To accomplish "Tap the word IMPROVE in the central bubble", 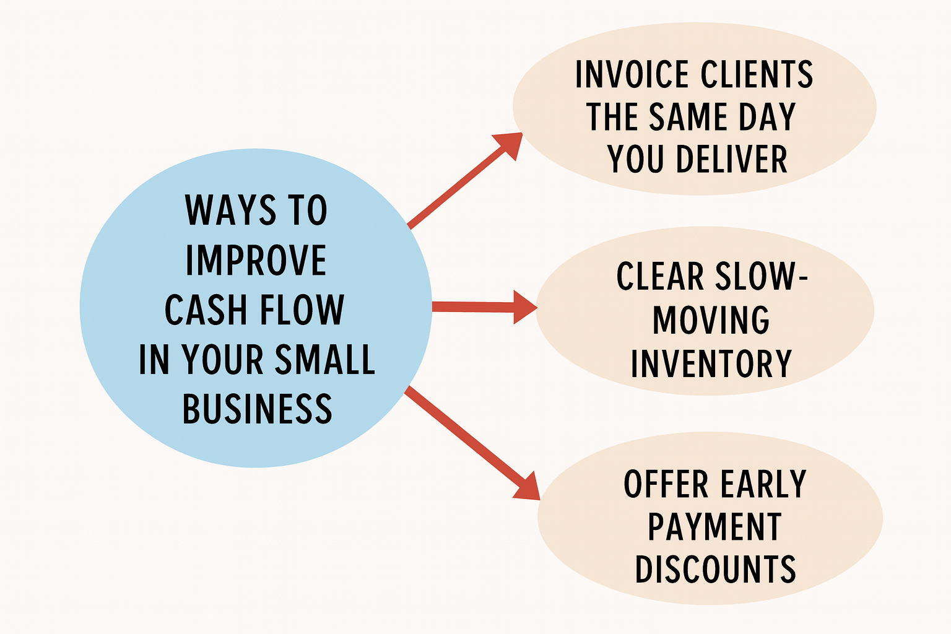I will click(256, 260).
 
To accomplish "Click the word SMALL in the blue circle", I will click(325, 360).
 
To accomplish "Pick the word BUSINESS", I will click(257, 409).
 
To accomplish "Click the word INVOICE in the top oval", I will click(632, 75).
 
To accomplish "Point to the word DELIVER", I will click(732, 159).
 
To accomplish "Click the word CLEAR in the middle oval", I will click(660, 277).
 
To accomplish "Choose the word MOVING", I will click(711, 320).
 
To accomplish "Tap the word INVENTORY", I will click(711, 363).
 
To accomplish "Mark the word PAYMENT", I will click(714, 527).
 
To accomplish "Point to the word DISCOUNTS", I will click(715, 569).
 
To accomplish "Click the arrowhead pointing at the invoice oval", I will click(510, 143).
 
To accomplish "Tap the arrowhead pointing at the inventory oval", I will click(525, 307).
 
